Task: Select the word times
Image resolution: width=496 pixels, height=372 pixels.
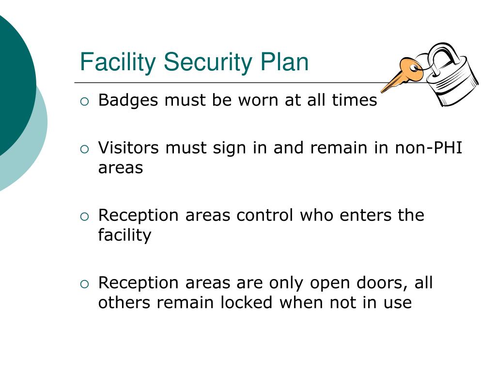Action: pos(354,100)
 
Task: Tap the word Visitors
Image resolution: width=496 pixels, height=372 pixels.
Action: pos(128,148)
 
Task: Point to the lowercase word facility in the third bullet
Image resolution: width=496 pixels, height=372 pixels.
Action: pos(124,235)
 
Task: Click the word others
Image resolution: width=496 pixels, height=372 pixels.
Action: pos(124,302)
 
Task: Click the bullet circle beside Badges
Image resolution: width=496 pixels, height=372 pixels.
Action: pos(85,101)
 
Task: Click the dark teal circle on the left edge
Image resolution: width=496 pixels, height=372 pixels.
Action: pos(12,82)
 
